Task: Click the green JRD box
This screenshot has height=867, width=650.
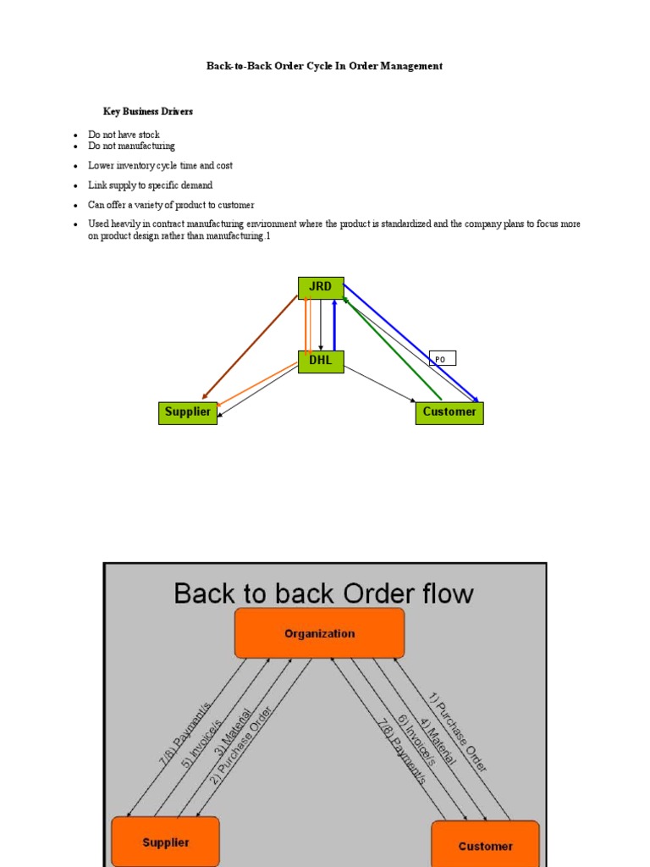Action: click(320, 287)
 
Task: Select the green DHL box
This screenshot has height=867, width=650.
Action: click(321, 362)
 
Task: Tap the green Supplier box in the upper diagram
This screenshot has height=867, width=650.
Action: click(188, 412)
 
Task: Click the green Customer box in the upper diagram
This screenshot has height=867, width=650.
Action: click(449, 412)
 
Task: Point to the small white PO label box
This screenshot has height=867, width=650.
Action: click(442, 359)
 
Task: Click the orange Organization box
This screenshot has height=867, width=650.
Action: click(319, 633)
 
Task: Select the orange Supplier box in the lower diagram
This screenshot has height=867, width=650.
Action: click(165, 842)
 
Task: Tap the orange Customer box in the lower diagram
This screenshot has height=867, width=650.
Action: click(485, 845)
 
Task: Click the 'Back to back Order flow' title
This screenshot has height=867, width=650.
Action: click(323, 594)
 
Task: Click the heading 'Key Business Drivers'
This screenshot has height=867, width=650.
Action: click(148, 112)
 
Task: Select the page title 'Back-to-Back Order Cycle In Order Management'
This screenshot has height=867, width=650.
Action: click(324, 66)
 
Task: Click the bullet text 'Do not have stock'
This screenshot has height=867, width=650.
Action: click(124, 135)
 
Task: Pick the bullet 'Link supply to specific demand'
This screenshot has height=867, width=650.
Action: click(150, 185)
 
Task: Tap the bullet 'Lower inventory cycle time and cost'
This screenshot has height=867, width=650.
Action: click(160, 166)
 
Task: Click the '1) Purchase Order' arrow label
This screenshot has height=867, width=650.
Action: click(458, 733)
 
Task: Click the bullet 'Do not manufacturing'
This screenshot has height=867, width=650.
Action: click(131, 146)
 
